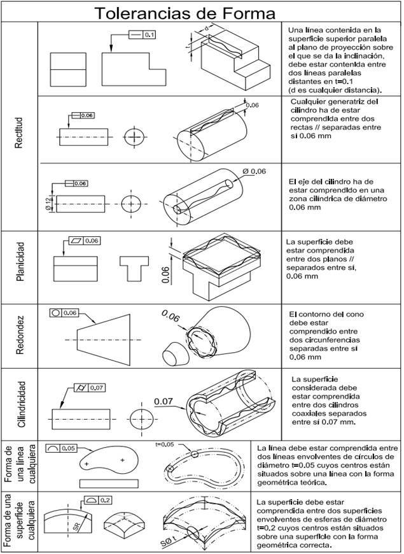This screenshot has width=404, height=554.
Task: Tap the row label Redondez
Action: (19, 336)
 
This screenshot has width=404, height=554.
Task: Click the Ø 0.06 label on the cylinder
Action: (254, 171)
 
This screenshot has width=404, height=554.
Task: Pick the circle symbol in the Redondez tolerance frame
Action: (55, 313)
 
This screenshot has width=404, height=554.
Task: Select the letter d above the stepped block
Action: (208, 29)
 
